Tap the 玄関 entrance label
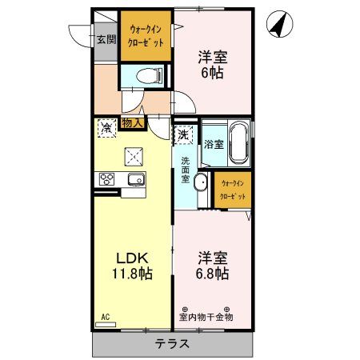(x=106, y=38)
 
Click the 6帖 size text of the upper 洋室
(x=212, y=71)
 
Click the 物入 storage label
(x=132, y=123)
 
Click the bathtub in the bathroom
(x=238, y=144)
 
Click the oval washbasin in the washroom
(x=201, y=183)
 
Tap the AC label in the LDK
(x=105, y=317)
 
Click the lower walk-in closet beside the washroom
(x=233, y=190)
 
